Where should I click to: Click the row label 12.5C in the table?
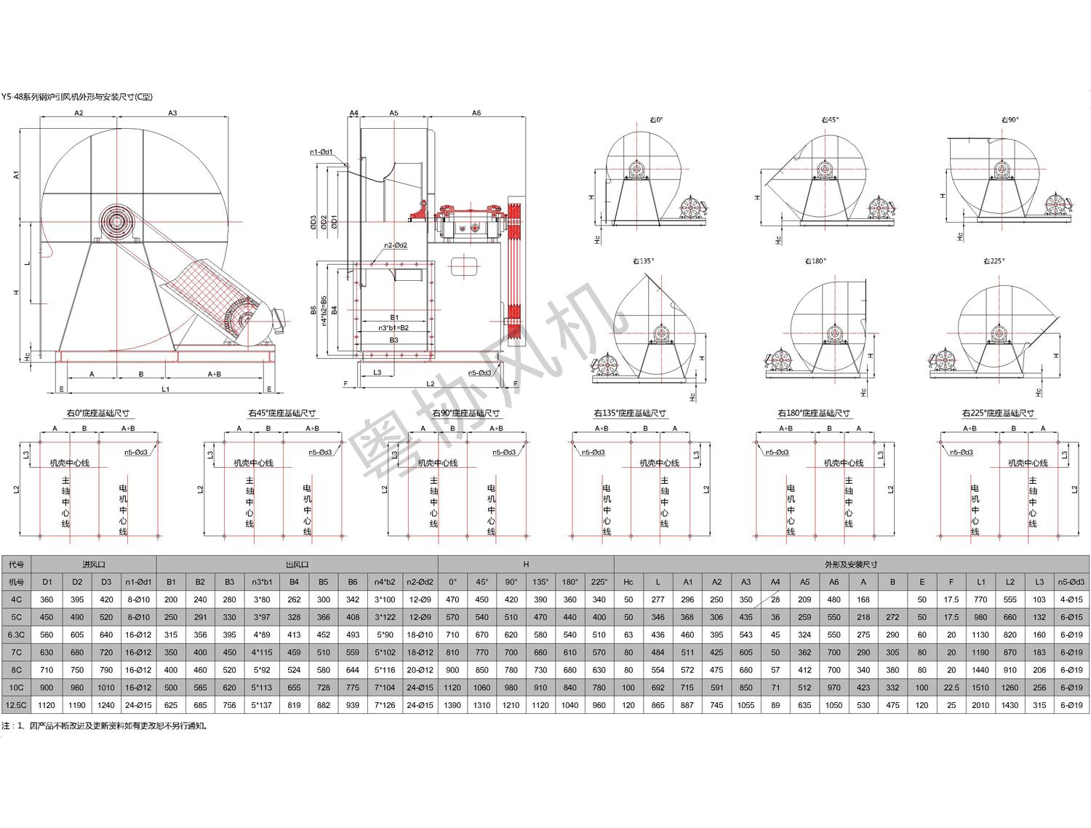(x=16, y=705)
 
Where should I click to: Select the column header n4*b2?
(x=385, y=582)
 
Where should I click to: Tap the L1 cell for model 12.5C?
(x=980, y=705)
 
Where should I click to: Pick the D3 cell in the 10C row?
(x=106, y=688)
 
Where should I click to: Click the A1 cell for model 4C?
(x=687, y=600)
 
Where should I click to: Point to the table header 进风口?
(x=94, y=565)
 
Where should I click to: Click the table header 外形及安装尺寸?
(x=851, y=565)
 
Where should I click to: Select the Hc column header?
(x=628, y=582)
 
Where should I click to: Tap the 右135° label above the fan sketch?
(x=643, y=261)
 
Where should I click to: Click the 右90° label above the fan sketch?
(x=1010, y=120)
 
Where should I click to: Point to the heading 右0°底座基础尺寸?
(x=97, y=413)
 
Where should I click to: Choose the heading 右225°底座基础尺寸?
(x=998, y=413)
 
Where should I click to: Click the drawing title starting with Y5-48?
(x=76, y=97)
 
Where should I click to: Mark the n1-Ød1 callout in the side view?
(x=321, y=152)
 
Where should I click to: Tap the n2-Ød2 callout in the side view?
(x=396, y=246)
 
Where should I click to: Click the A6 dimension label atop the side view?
(x=476, y=114)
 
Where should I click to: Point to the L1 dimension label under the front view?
(x=165, y=389)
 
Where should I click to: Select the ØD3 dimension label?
(x=313, y=223)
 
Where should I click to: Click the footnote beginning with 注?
(x=105, y=725)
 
